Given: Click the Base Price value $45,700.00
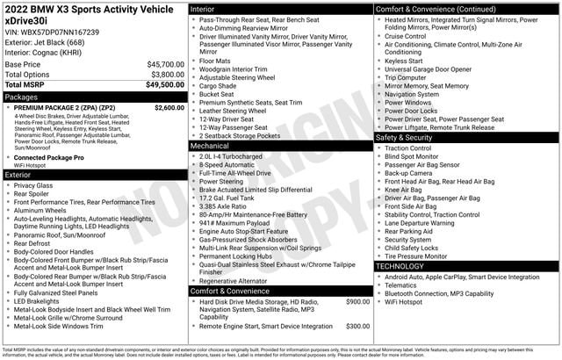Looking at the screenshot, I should [165, 64].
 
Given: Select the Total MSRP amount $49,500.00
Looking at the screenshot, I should [165, 85].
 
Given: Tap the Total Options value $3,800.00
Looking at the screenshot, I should [167, 75].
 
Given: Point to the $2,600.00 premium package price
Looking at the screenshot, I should [169, 107].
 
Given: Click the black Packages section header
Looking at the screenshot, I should [94, 97].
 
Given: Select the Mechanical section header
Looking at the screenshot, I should [280, 147].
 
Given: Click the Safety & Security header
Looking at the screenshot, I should [466, 138].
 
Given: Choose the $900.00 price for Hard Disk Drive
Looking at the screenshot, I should [357, 301].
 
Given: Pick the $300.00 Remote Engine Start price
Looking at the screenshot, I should [357, 326].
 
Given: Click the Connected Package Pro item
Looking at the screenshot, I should [48, 157].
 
